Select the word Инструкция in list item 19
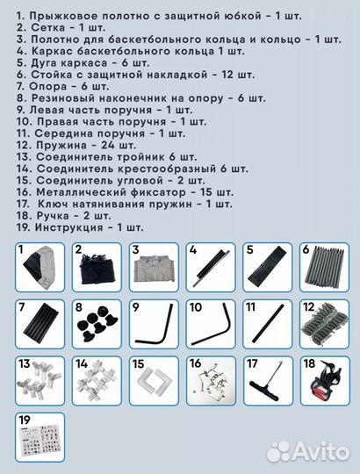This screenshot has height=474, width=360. [x=68, y=226]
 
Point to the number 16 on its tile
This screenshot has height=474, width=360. [x=195, y=363]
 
